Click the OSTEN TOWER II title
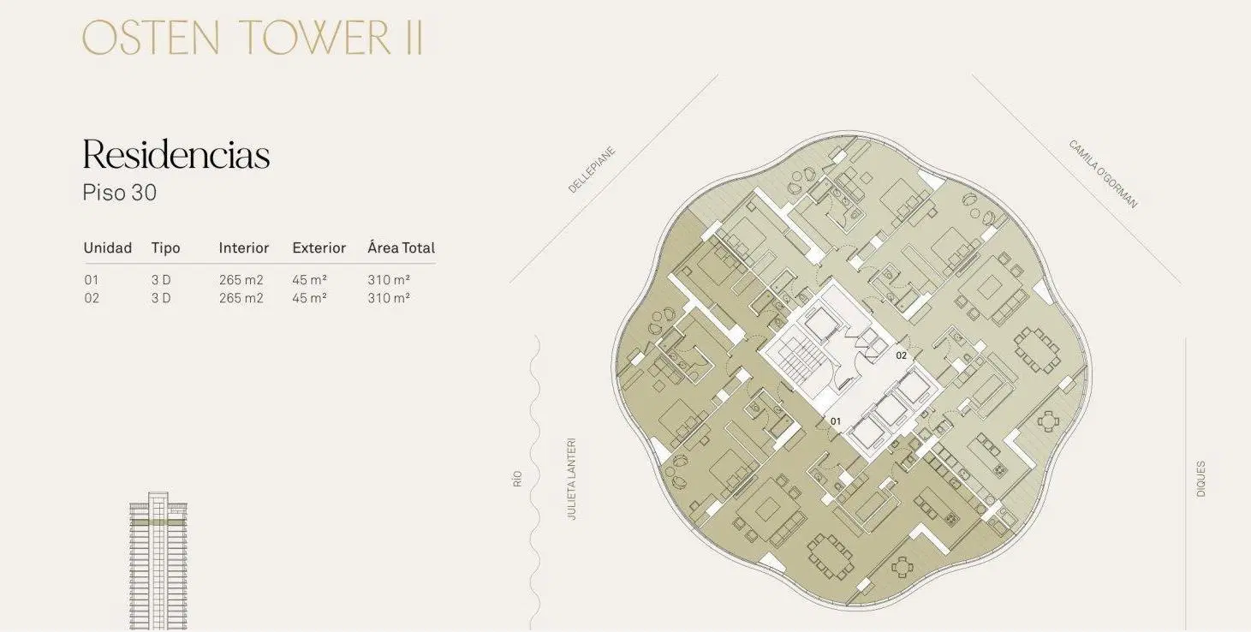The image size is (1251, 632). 253,38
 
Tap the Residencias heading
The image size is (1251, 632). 176,154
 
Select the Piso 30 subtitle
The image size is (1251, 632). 120,193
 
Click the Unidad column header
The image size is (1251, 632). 108,247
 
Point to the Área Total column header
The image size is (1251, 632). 401,247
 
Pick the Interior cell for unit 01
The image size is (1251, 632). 241,280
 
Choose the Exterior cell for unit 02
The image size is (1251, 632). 309,298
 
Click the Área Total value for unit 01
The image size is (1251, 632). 389,280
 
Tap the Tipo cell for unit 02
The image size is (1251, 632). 161,298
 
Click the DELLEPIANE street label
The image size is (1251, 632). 592,170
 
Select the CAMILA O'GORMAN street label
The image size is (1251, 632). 1103,174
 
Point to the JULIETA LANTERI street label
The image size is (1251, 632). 571,479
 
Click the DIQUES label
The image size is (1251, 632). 1200,479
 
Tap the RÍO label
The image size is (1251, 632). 517,479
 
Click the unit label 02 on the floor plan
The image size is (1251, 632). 902,355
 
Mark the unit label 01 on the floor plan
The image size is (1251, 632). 836,421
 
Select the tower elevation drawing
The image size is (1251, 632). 158,561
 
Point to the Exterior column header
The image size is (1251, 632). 319,247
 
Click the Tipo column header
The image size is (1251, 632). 165,247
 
